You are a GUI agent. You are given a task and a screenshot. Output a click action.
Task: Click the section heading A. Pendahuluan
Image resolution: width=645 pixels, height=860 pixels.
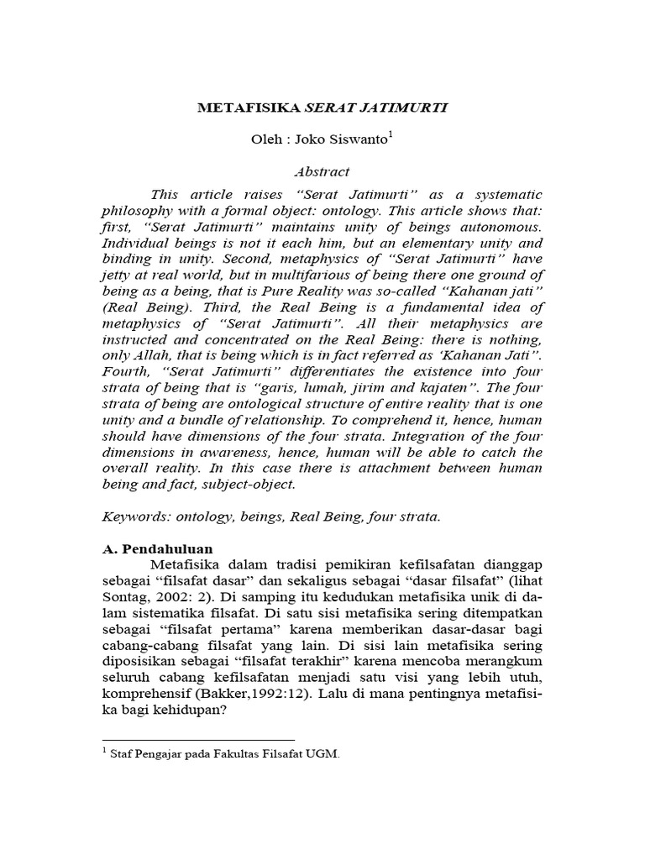point(166,548)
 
